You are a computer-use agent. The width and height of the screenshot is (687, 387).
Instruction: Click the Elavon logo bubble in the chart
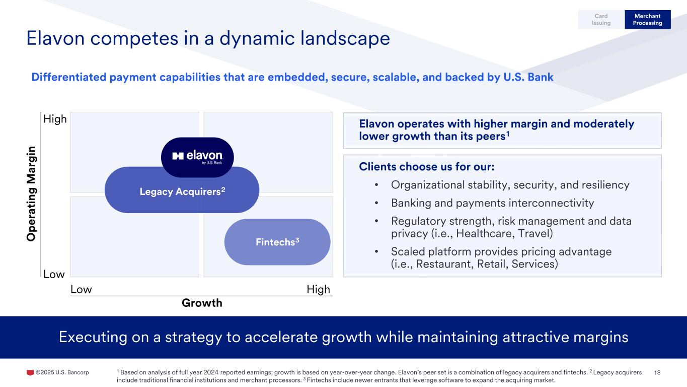197,157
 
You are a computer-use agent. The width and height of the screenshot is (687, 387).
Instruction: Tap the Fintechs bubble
277,242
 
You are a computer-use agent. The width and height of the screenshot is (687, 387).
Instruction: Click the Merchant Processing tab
647,19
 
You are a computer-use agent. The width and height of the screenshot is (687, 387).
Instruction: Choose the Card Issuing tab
601,19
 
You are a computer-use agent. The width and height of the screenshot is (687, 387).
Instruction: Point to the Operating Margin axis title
31,194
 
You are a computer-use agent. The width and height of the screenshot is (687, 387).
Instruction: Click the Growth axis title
202,303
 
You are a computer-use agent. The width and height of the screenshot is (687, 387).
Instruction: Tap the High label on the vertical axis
55,119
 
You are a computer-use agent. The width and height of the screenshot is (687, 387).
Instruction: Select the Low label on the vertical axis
54,274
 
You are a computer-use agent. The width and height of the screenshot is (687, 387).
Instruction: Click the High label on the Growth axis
319,289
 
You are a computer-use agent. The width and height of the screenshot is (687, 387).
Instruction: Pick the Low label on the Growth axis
81,289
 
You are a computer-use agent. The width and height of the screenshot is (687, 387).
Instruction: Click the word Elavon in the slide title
55,38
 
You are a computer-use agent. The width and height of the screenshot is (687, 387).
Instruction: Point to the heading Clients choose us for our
427,167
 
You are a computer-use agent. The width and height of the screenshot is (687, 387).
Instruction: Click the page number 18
657,372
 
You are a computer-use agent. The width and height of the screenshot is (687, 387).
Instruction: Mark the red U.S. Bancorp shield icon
30,372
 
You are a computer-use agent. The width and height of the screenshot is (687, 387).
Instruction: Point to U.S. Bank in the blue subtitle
528,77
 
